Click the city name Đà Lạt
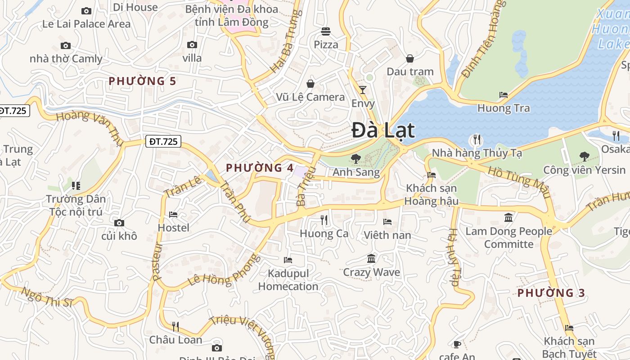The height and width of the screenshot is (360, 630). pos(383,130)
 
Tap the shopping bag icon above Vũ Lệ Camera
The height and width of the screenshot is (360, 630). pos(310,84)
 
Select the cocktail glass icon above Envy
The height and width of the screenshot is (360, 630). pos(363,90)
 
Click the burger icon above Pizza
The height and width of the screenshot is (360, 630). pos(326,31)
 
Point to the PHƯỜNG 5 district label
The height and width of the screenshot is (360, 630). pos(142,81)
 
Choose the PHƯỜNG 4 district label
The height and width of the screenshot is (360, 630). pos(260,168)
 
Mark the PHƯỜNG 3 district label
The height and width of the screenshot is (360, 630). pos(551,293)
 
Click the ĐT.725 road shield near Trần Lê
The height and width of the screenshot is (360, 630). pos(163,142)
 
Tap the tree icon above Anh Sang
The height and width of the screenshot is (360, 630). pos(355,158)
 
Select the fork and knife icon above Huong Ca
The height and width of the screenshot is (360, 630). pos(324,220)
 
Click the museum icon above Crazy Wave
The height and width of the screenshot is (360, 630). pos(371,259)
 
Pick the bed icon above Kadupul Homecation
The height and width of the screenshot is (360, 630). pos(288,260)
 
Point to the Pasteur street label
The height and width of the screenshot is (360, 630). pos(157,262)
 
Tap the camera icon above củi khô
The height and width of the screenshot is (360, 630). pos(119,223)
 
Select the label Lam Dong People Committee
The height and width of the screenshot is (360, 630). pos(508,238)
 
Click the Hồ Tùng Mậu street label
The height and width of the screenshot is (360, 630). pos(519,182)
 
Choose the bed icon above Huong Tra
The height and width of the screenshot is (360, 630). pos(504,95)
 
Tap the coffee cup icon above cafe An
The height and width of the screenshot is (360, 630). pos(457,344)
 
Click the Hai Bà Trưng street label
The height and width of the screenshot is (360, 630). pos(285,41)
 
